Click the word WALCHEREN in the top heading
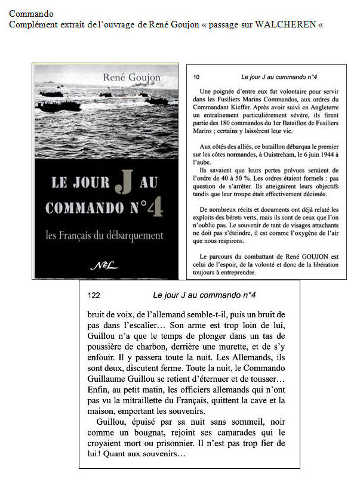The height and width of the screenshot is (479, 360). point(289,24)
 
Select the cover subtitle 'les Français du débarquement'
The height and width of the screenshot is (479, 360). point(104,236)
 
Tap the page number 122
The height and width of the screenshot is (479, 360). point(94,295)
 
